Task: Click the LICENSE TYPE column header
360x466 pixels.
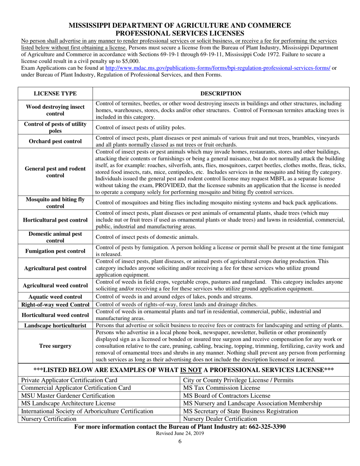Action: (x=55, y=94)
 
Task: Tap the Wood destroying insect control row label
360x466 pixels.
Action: (x=55, y=110)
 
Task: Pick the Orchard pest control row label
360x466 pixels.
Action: (x=55, y=141)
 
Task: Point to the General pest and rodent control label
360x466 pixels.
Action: (x=55, y=172)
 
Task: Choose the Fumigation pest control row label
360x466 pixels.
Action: (x=55, y=251)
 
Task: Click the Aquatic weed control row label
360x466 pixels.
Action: (x=55, y=296)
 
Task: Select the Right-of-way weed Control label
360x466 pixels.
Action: (x=55, y=304)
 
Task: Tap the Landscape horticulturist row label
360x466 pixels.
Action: (x=55, y=325)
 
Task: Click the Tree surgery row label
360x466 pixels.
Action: (x=55, y=346)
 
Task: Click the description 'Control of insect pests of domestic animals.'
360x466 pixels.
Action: (x=147, y=237)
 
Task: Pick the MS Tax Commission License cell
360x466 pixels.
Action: (x=214, y=388)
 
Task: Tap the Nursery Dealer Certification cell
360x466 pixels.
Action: (x=220, y=419)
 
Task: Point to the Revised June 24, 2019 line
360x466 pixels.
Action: (x=180, y=433)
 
